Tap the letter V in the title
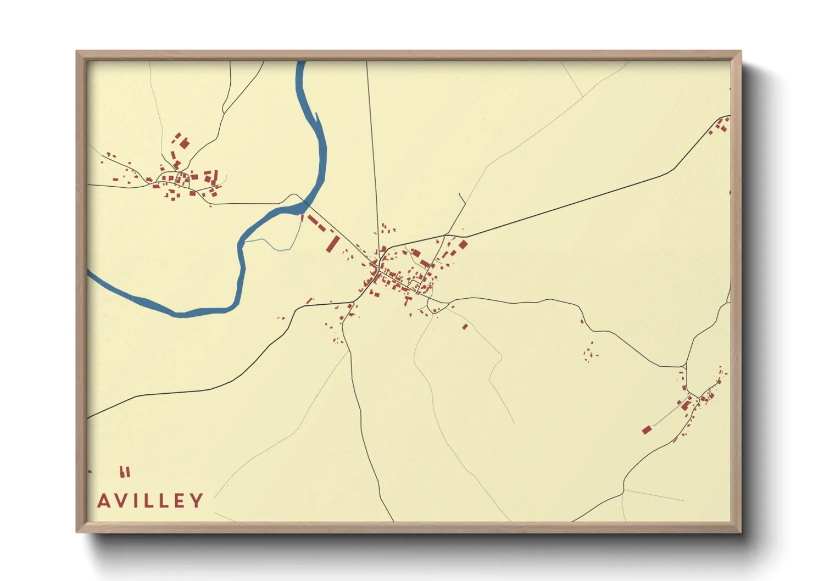(x=122, y=501)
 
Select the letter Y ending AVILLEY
(x=197, y=501)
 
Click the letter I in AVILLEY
(x=137, y=501)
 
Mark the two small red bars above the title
(x=125, y=472)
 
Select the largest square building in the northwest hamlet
(x=185, y=144)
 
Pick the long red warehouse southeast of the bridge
(x=333, y=243)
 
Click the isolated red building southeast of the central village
(x=465, y=327)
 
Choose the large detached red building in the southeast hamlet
(x=647, y=429)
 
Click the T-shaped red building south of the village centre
(x=408, y=300)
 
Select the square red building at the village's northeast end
(x=463, y=244)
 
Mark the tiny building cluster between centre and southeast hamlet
(x=590, y=351)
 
